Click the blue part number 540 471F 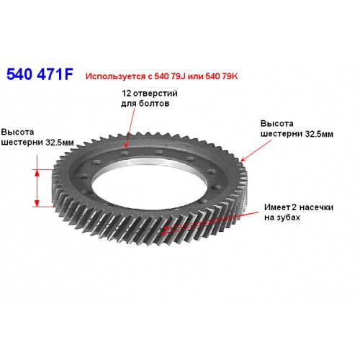tap(40, 74)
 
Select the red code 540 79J tap(170, 76)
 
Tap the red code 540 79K tap(222, 76)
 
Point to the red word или tap(195, 76)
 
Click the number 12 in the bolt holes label tap(126, 94)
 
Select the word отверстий tap(156, 94)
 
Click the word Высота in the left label tap(17, 132)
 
